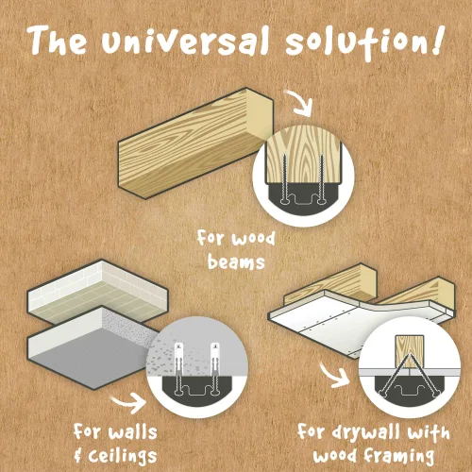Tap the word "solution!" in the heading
pyautogui.click(x=364, y=42)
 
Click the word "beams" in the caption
pyautogui.click(x=236, y=262)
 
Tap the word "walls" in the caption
pyautogui.click(x=132, y=432)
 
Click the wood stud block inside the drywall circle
pyautogui.click(x=410, y=351)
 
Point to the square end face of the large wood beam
pyautogui.click(x=260, y=116)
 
